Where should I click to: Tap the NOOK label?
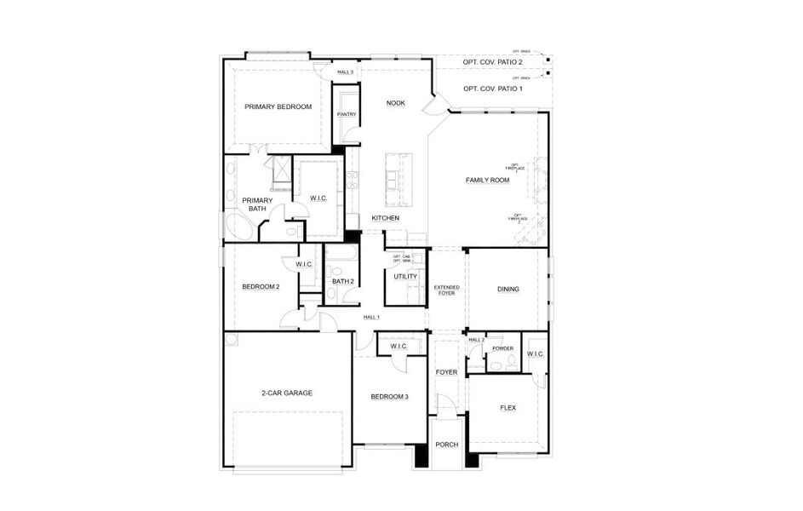tap(396, 103)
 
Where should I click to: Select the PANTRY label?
tap(347, 114)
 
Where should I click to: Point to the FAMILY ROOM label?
tap(487, 181)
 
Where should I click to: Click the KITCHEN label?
tap(385, 219)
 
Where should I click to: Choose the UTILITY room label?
tap(404, 277)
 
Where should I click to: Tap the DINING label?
tap(508, 290)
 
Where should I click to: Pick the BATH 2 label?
tap(342, 282)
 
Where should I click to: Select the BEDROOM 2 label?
tap(261, 287)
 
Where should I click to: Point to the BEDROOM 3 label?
tap(389, 397)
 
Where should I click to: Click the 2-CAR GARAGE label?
tap(286, 393)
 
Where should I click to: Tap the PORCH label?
tap(446, 445)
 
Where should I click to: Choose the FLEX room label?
tap(508, 408)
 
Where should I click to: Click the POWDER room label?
tap(503, 349)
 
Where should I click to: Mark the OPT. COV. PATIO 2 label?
tap(492, 62)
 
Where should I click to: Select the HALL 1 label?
tap(371, 317)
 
